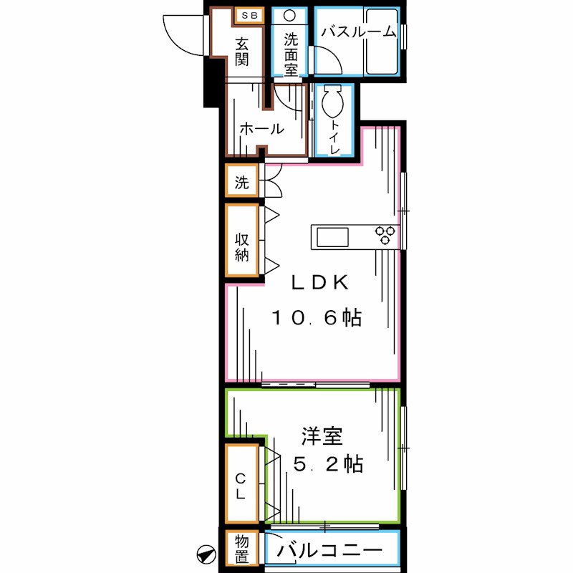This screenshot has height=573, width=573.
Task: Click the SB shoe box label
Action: click(249, 15)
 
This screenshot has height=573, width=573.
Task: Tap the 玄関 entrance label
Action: click(243, 52)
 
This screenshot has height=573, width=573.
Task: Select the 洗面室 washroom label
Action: click(291, 54)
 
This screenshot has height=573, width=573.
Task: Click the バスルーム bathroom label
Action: click(357, 32)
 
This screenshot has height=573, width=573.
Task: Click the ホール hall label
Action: click(261, 130)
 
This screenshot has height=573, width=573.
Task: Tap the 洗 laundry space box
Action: click(242, 182)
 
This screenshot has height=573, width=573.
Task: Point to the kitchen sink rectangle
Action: click(330, 236)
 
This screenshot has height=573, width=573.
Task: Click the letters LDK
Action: click(319, 282)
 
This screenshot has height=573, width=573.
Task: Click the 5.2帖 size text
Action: click(329, 464)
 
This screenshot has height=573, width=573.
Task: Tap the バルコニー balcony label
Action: click(330, 552)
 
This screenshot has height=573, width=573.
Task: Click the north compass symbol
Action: click(206, 553)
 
